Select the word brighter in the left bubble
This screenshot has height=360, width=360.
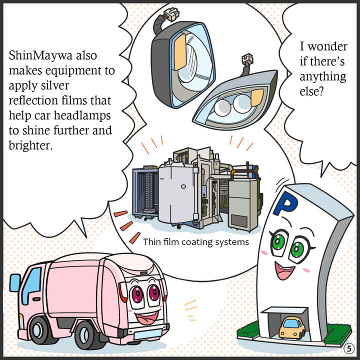pyautogui.click(x=30, y=145)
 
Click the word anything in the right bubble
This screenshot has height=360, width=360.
pyautogui.click(x=323, y=77)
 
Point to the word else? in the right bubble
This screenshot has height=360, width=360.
pyautogui.click(x=311, y=91)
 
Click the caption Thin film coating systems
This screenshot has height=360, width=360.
pyautogui.click(x=196, y=242)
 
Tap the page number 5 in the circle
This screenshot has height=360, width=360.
pyautogui.click(x=349, y=349)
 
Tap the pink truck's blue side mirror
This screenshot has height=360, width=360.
pyautogui.click(x=15, y=282)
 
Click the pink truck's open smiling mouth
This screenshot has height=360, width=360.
pyautogui.click(x=147, y=317)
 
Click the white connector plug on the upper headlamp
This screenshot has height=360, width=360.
pyautogui.click(x=172, y=14)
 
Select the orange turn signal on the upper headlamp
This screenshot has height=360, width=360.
pyautogui.click(x=180, y=52)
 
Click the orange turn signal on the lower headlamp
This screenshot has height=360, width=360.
pyautogui.click(x=257, y=97)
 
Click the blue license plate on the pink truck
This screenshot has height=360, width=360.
pyautogui.click(x=148, y=334)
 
